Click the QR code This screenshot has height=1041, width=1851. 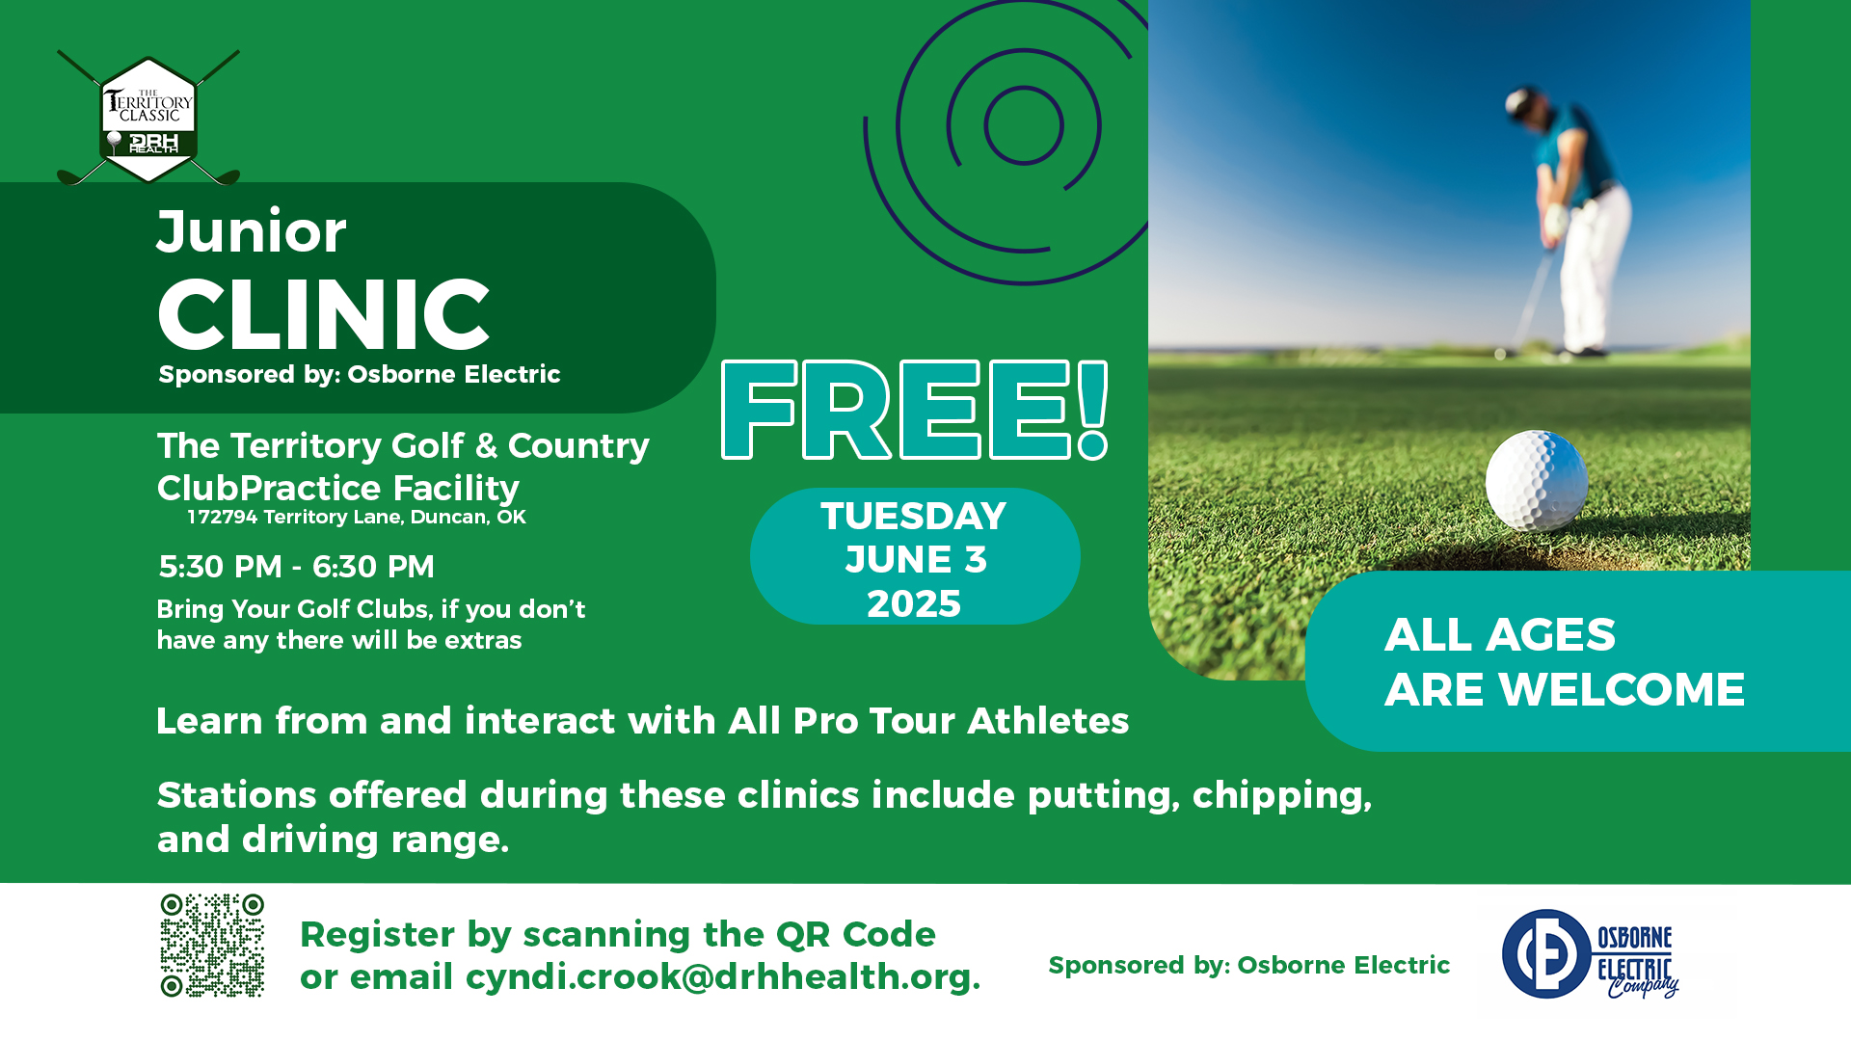coord(212,945)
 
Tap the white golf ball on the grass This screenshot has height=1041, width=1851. coord(1537,480)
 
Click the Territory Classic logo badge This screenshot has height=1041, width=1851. coord(148,119)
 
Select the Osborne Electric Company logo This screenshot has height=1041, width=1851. coord(1591,954)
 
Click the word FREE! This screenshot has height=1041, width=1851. coord(915,410)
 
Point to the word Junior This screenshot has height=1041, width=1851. coord(252,232)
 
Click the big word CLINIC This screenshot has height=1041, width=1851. coord(324,314)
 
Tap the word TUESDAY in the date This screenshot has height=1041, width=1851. coord(914,517)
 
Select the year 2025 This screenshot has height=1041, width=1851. coord(914,604)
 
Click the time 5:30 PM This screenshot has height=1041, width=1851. coord(221,567)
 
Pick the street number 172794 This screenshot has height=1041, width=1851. coord(223,517)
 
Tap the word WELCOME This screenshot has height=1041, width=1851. coord(1622,690)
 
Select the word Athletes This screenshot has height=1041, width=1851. coord(1048,721)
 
